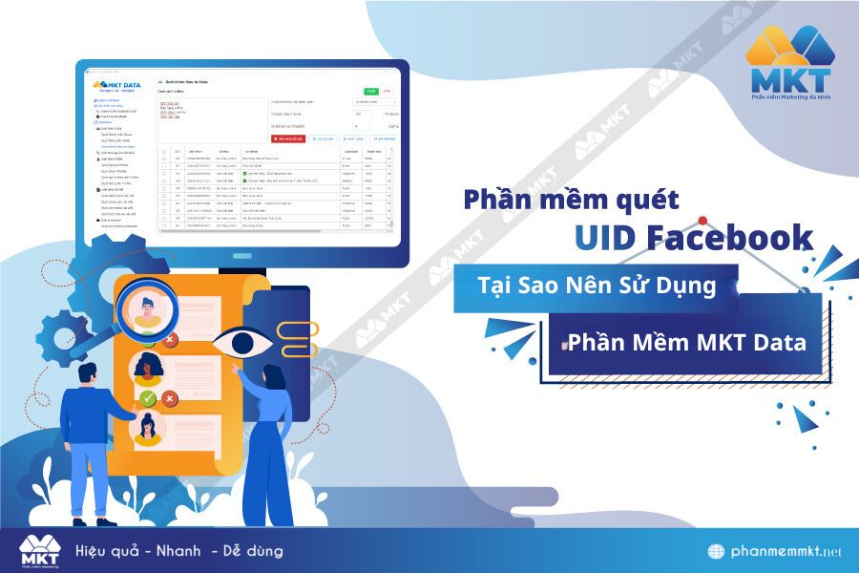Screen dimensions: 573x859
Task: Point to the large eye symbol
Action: pos(241,342)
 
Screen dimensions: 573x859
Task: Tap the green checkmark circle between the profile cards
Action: pos(147,398)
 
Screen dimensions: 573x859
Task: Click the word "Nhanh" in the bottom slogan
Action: pos(177,551)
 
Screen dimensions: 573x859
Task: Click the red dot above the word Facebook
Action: pos(702,221)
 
